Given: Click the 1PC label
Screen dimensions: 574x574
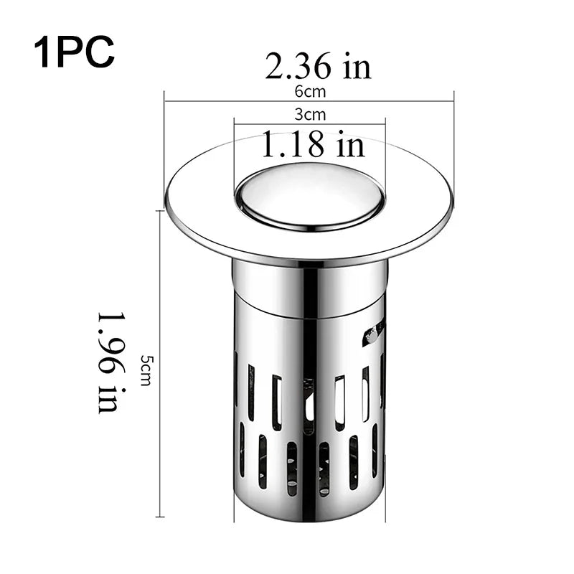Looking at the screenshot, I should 74,52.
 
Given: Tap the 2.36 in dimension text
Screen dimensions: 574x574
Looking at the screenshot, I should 318,67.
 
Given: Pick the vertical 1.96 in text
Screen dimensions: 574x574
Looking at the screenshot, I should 108,362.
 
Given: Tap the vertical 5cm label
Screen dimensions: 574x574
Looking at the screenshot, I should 146,370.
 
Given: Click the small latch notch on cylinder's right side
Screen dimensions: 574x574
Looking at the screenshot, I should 373,331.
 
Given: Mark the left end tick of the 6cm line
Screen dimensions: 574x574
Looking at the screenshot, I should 165,101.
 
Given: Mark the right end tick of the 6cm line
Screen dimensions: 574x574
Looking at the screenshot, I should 454,101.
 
